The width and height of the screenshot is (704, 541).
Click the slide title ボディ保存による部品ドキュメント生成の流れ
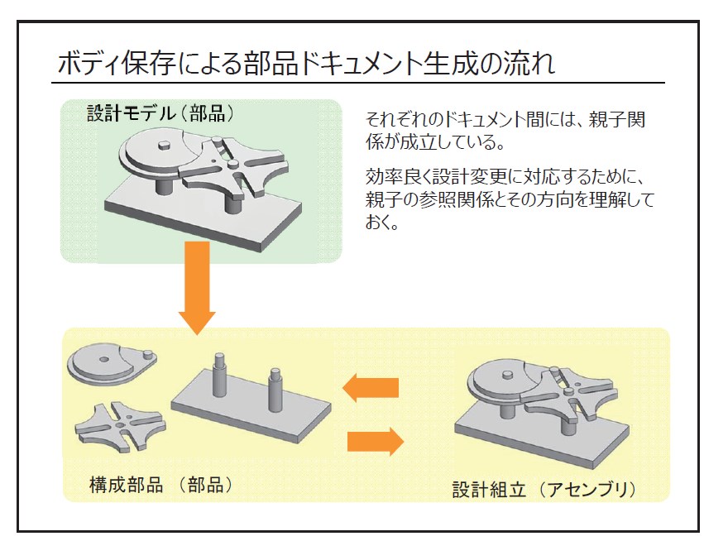(x=306, y=63)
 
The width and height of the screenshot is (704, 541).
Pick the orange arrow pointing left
(x=371, y=386)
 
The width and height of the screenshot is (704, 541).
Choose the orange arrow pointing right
(x=375, y=441)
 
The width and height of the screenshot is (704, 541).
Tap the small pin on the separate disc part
(x=148, y=356)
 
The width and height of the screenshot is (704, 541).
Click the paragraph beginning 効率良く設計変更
(x=509, y=199)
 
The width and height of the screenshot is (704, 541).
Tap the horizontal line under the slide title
(x=360, y=83)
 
